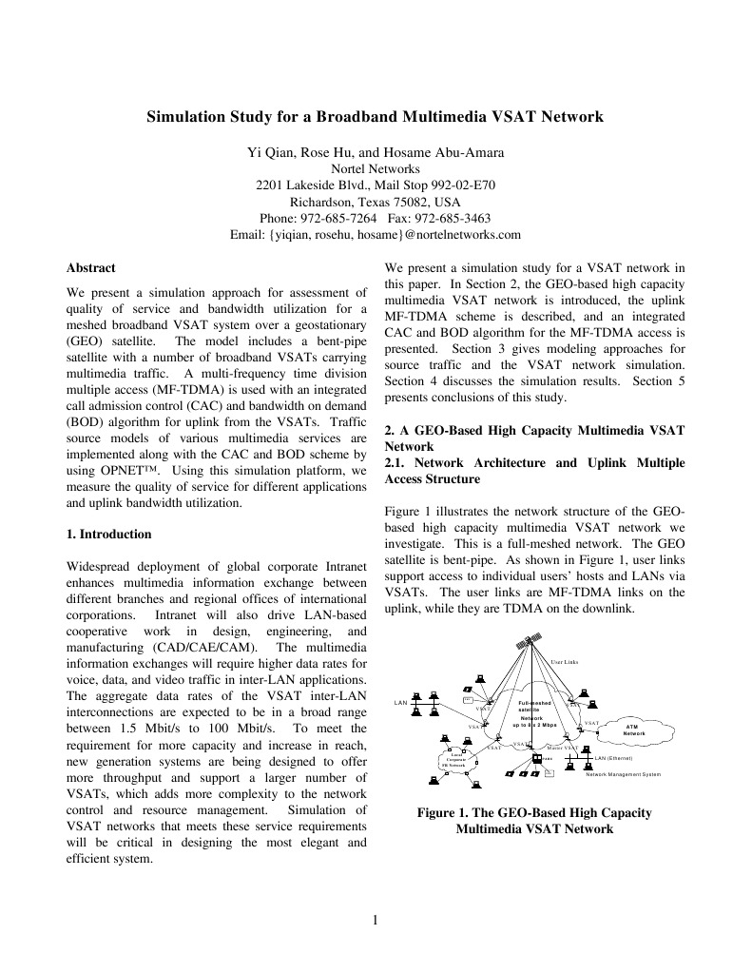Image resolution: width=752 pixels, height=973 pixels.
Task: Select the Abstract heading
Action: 91,269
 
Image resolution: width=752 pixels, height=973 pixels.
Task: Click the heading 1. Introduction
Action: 109,535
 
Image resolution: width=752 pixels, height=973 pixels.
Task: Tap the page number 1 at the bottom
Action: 376,920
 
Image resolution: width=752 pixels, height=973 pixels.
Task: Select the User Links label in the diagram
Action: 564,661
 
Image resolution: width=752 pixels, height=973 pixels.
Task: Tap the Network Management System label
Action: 623,775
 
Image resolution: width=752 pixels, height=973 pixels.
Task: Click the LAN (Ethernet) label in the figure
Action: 613,758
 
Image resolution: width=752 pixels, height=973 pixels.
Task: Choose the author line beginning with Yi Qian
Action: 376,153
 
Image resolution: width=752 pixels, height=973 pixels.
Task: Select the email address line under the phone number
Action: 376,234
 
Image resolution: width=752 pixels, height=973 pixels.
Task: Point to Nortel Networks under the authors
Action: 376,169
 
